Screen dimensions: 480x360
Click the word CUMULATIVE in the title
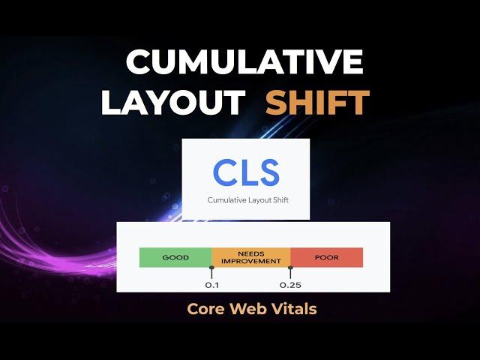point(244,61)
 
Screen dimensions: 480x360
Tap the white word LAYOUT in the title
point(173,102)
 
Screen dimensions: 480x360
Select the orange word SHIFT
point(318,102)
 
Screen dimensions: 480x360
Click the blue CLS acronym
point(247,172)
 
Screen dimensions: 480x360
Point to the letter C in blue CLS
point(224,172)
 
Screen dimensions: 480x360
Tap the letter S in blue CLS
point(268,172)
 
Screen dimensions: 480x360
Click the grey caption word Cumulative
point(226,200)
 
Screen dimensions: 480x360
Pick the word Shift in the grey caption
point(279,200)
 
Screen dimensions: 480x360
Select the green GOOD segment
point(175,257)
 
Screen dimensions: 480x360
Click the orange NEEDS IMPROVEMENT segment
point(251,257)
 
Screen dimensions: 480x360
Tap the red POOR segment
point(327,257)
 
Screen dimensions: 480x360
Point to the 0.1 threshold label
point(211,285)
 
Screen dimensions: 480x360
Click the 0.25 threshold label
point(290,285)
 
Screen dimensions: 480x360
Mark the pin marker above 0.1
point(211,272)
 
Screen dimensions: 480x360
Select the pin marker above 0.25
point(290,272)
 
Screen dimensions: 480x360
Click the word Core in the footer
point(205,308)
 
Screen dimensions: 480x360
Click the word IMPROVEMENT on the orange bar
point(251,262)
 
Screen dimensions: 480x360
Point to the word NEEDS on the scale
point(251,253)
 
